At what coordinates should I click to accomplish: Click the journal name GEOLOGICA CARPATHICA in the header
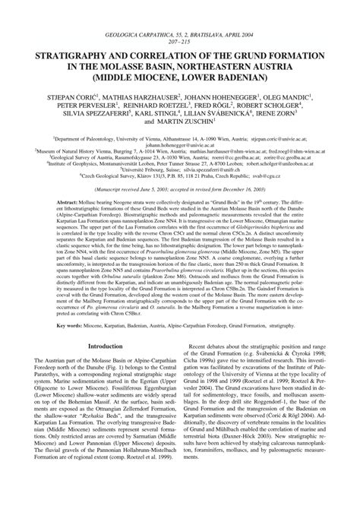pos(144,13)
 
